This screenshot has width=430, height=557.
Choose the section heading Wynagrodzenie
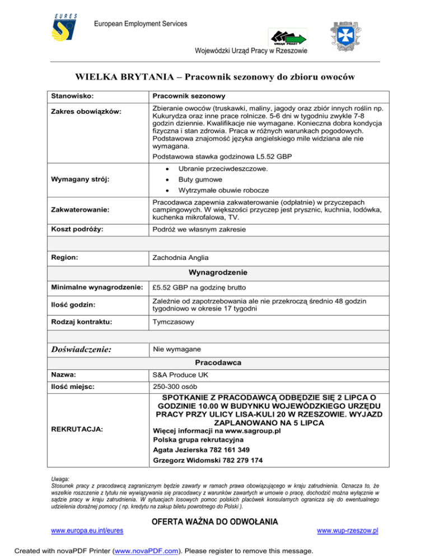tap(215, 272)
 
